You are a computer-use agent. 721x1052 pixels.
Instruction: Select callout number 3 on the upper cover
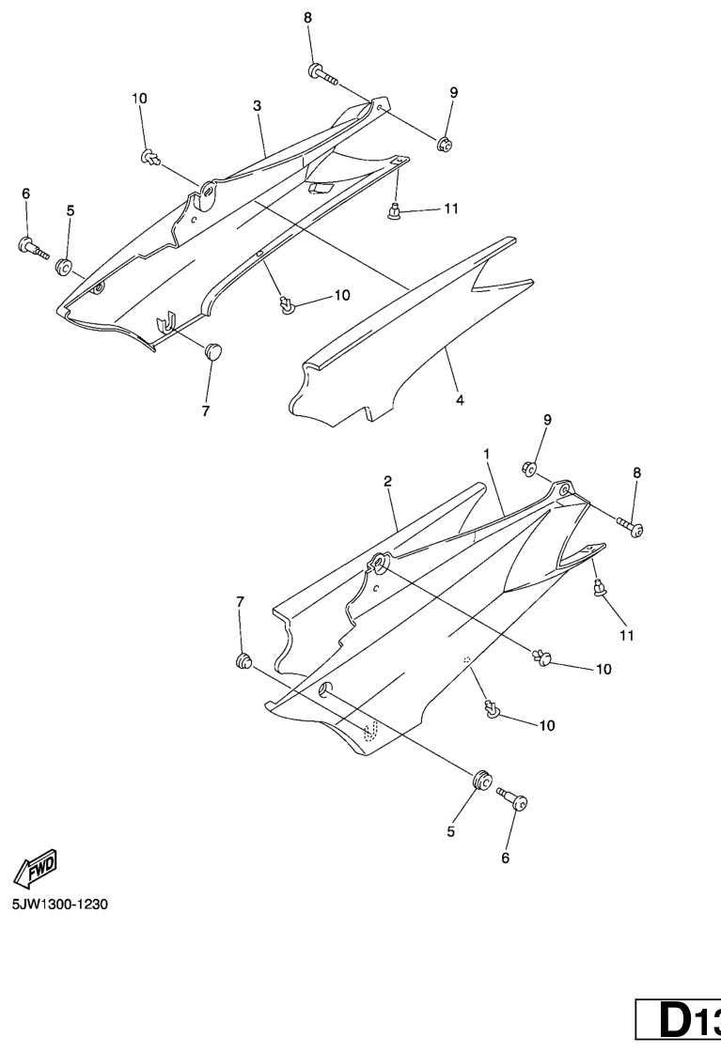pos(258,106)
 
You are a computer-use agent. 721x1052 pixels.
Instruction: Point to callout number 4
pos(459,400)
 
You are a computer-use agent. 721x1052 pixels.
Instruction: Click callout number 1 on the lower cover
pos(486,455)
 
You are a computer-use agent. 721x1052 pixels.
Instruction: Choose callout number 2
pos(388,481)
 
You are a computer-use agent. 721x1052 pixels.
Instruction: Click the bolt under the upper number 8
pos(323,74)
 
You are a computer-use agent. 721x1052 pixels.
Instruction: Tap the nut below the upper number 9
pos(444,143)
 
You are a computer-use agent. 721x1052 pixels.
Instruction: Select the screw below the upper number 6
pos(33,247)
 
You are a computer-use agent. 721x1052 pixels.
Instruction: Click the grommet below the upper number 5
pos(65,267)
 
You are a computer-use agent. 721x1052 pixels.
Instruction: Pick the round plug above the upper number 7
pos(214,350)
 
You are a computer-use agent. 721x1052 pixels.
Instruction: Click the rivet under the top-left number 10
pos(150,158)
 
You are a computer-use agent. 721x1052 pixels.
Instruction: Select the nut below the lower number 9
pos(528,468)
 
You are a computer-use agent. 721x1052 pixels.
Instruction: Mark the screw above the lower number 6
pos(512,798)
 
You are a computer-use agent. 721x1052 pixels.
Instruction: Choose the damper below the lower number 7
pos(243,661)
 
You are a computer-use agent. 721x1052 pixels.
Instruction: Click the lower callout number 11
pos(627,635)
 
